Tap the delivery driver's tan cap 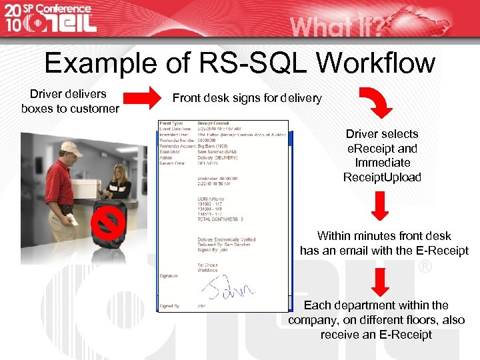[x=71, y=149]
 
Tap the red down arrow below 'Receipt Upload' [x=380, y=206]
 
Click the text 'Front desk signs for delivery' [x=247, y=98]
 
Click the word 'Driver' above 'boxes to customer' [x=49, y=93]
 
